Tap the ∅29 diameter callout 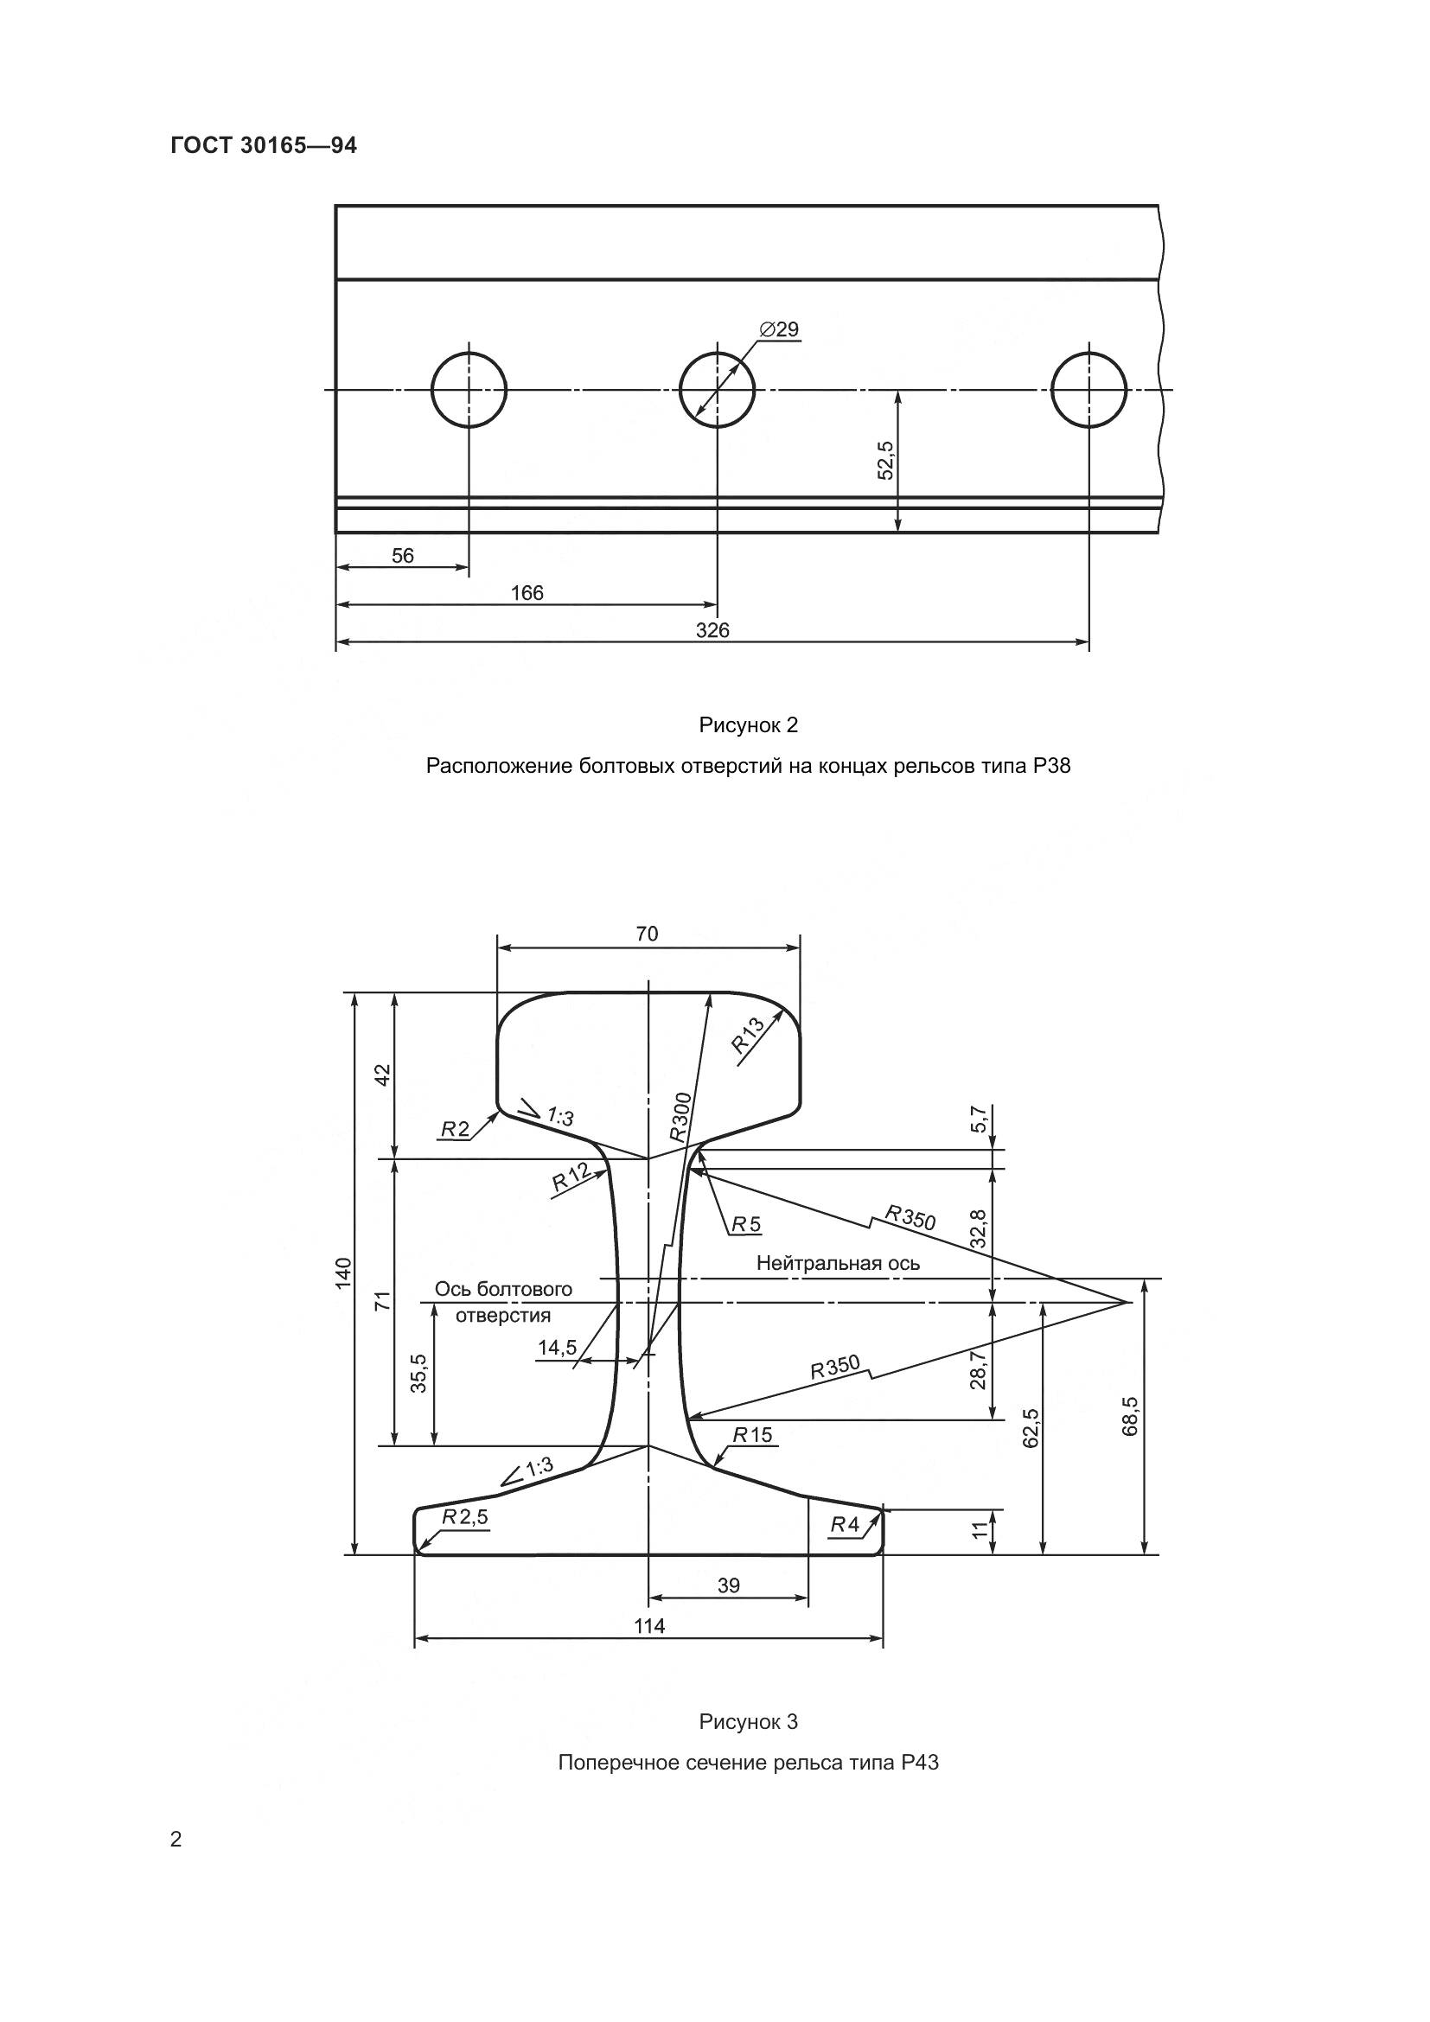click(x=778, y=329)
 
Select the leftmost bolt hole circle click(x=469, y=389)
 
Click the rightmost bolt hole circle click(x=1089, y=389)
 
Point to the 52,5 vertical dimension click(x=886, y=460)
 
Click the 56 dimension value click(x=402, y=556)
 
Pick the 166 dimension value click(x=527, y=593)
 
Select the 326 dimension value click(x=712, y=630)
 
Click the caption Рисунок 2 click(x=749, y=725)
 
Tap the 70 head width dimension click(x=648, y=934)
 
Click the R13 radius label click(x=750, y=1037)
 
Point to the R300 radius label click(x=680, y=1117)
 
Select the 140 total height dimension click(x=343, y=1273)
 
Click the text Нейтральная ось click(x=839, y=1264)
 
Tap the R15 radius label click(x=753, y=1436)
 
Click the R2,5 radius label click(x=464, y=1517)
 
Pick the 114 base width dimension click(x=650, y=1627)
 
